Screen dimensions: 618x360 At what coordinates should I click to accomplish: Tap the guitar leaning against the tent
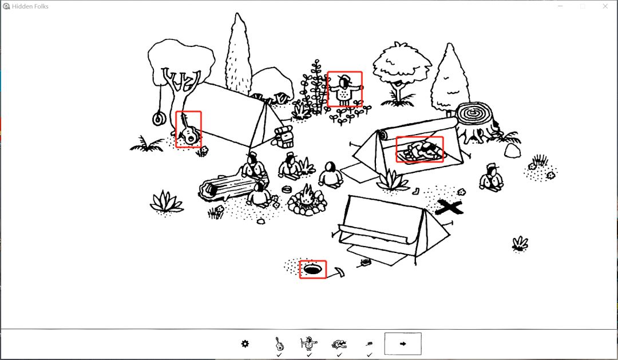(188, 130)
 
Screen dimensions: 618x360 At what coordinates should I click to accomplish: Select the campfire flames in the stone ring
(307, 195)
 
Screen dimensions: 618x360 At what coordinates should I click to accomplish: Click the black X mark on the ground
(449, 207)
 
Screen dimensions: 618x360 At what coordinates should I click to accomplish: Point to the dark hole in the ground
(312, 270)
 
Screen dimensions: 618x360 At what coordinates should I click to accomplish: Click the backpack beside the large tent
(284, 136)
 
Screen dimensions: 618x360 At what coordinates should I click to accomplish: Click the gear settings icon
(245, 344)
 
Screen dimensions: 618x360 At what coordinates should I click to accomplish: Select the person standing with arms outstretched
(345, 90)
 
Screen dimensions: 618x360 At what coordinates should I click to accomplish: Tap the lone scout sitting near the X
(491, 178)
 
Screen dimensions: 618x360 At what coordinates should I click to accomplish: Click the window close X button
(605, 6)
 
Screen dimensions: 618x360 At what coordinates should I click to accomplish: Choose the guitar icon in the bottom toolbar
(279, 344)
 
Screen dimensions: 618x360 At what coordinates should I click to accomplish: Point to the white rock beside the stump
(512, 150)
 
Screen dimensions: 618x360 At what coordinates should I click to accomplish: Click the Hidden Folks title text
(30, 6)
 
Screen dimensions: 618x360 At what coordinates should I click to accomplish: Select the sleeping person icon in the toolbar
(339, 344)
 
